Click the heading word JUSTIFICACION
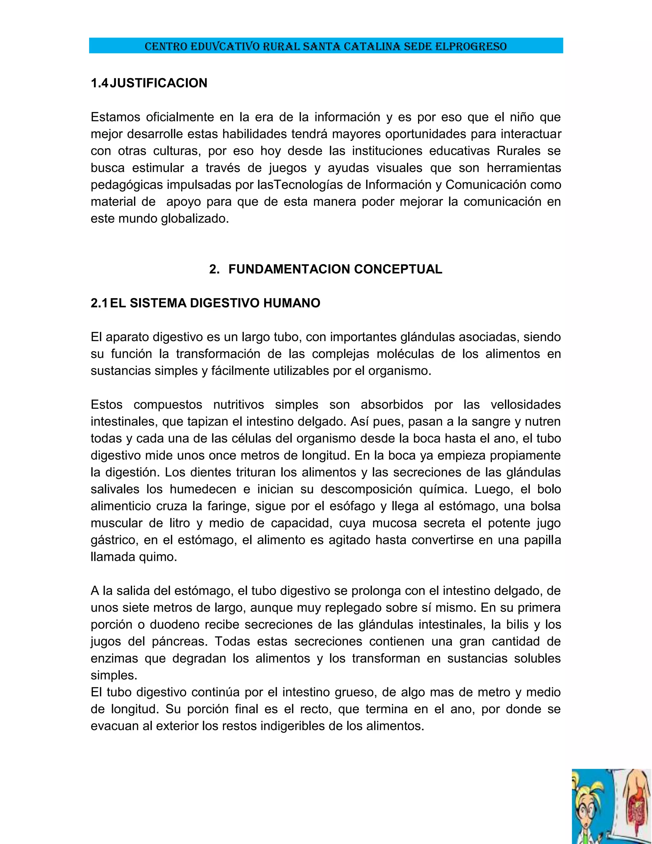click(x=158, y=83)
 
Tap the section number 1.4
click(x=100, y=83)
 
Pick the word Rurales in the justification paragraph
click(x=518, y=151)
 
